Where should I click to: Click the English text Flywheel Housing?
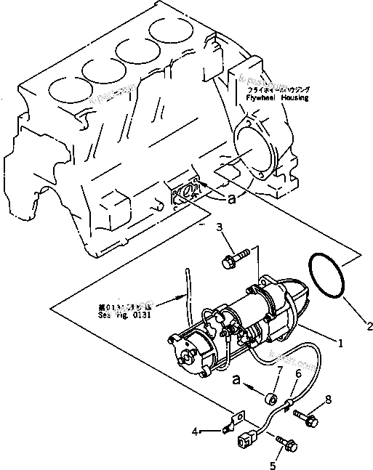click(x=278, y=97)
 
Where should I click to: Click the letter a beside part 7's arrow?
click(x=236, y=379)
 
